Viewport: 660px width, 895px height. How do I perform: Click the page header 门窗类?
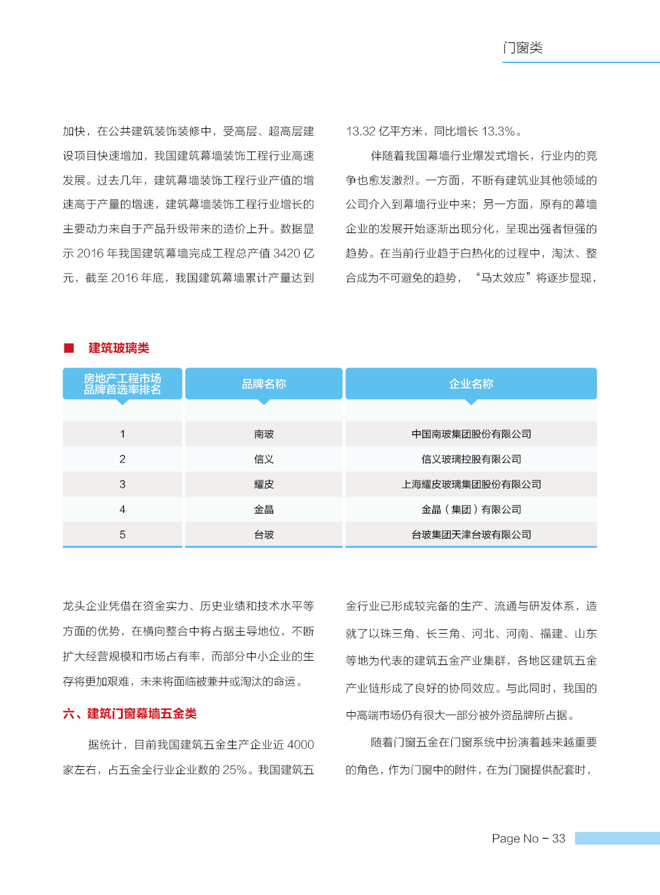pyautogui.click(x=522, y=48)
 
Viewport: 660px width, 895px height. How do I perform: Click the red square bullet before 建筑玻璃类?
pyautogui.click(x=69, y=348)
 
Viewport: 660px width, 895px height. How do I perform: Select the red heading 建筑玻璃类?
pyautogui.click(x=118, y=348)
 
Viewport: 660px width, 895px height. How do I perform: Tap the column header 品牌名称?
pyautogui.click(x=264, y=384)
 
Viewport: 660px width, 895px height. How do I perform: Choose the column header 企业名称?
pyautogui.click(x=471, y=384)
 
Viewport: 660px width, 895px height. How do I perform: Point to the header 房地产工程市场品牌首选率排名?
pyautogui.click(x=122, y=384)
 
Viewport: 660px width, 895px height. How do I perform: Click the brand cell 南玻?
pyautogui.click(x=264, y=434)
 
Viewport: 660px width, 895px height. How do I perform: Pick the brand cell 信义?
pyautogui.click(x=264, y=459)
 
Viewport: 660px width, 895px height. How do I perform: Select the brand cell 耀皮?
pyautogui.click(x=264, y=485)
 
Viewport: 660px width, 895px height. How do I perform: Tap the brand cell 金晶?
pyautogui.click(x=264, y=510)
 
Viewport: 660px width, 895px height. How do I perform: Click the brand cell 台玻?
pyautogui.click(x=264, y=535)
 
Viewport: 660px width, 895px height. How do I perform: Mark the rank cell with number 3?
pyautogui.click(x=122, y=485)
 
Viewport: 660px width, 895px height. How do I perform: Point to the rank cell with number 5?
pyautogui.click(x=122, y=535)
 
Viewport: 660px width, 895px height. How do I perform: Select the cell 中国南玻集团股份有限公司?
pyautogui.click(x=471, y=434)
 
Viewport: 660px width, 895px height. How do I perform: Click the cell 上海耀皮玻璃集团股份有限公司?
pyautogui.click(x=471, y=485)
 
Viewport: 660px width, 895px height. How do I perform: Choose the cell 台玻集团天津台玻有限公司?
pyautogui.click(x=471, y=535)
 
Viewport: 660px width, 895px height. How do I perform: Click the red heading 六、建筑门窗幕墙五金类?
pyautogui.click(x=130, y=713)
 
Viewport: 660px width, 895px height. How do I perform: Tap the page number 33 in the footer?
pyautogui.click(x=558, y=839)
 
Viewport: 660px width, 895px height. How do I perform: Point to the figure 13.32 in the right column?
pyautogui.click(x=360, y=131)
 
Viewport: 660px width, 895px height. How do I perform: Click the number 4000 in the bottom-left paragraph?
pyautogui.click(x=300, y=745)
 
